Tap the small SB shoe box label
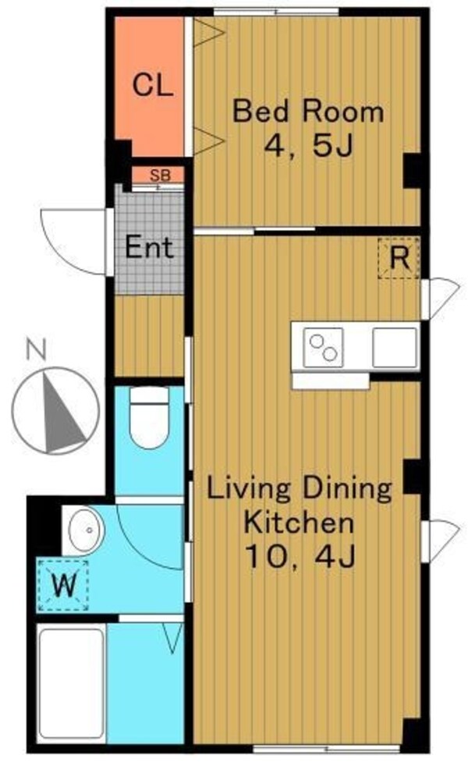click(x=161, y=175)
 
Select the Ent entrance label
click(x=149, y=247)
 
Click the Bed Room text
click(x=308, y=111)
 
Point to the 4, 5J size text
click(x=307, y=145)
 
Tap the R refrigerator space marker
click(x=399, y=258)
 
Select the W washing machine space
click(x=64, y=585)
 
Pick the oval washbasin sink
click(x=86, y=530)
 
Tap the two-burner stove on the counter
click(x=323, y=348)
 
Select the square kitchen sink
click(x=395, y=348)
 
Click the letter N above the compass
click(x=36, y=350)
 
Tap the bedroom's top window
click(x=277, y=12)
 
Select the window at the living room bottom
click(x=327, y=749)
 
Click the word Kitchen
click(x=299, y=523)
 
